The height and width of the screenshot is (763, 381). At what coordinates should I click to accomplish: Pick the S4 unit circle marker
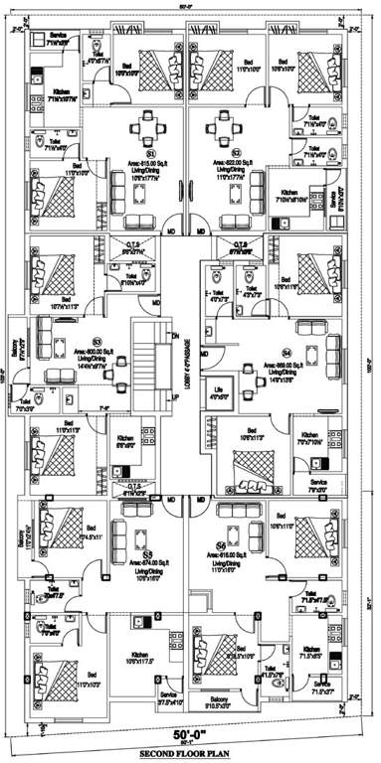[x=286, y=352]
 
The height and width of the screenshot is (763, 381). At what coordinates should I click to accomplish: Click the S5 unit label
[x=147, y=554]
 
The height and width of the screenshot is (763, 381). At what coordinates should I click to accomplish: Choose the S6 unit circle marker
[x=221, y=546]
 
